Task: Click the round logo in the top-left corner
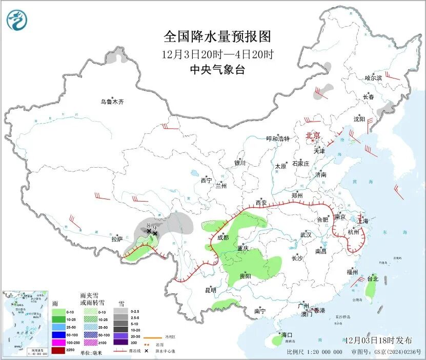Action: [x=16, y=20]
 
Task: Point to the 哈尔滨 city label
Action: [x=374, y=78]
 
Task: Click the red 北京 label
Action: [x=313, y=135]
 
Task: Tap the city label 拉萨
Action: [x=117, y=239]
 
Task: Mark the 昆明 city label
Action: [x=211, y=290]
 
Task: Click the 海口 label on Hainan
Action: [x=279, y=335]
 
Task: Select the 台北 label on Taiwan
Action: [x=372, y=279]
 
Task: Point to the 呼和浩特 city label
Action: [x=278, y=139]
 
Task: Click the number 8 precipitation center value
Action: [x=148, y=226]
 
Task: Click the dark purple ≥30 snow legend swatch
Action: [x=121, y=342]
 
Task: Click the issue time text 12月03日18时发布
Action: [x=378, y=340]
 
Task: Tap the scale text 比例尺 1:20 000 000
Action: [x=314, y=352]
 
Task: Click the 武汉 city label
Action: [x=306, y=234]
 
